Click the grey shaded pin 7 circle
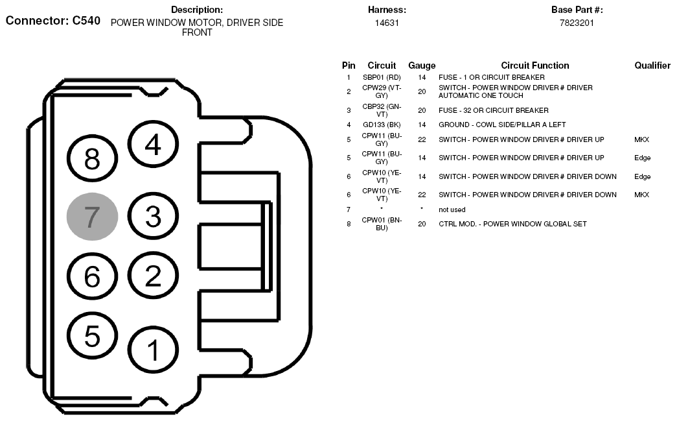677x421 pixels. point(92,217)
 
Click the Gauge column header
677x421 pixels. point(422,66)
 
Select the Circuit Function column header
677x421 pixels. point(535,66)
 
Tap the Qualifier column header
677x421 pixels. point(652,66)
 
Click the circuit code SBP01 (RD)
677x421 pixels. point(382,77)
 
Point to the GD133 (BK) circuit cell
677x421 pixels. point(382,125)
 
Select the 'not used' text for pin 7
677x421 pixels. point(452,210)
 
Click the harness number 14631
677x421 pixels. point(387,23)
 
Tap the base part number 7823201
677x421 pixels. point(577,23)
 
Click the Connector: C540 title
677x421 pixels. point(53,21)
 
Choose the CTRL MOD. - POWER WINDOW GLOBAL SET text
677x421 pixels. point(512,224)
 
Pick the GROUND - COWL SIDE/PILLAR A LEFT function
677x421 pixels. point(502,125)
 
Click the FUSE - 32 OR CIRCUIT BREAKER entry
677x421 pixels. point(494,111)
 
